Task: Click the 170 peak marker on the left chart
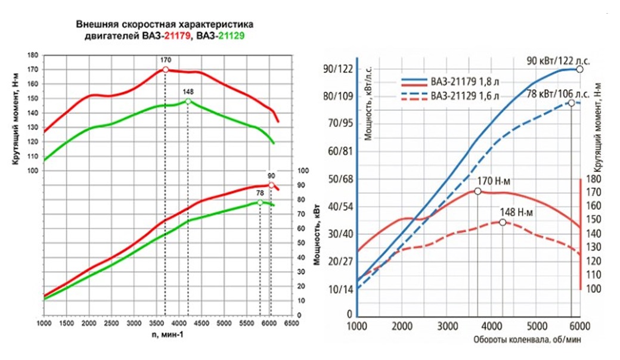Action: [165, 70]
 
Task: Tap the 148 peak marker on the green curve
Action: [188, 101]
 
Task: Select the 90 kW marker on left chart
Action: [271, 185]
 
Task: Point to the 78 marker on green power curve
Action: [260, 203]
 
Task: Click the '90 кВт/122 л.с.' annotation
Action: [551, 60]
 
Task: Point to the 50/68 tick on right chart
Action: [338, 178]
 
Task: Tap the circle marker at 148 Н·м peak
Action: [503, 222]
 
